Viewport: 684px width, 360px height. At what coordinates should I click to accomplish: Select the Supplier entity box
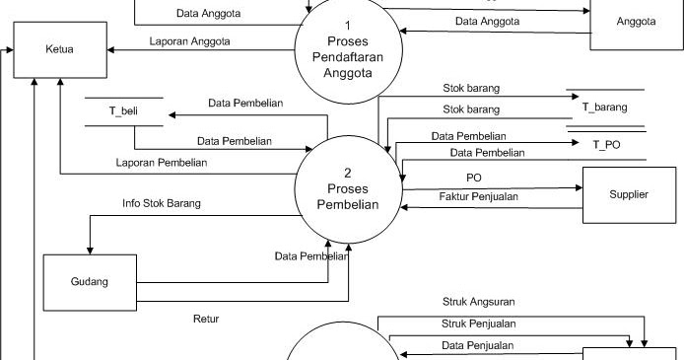pos(628,195)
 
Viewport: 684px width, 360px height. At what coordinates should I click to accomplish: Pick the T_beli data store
pos(123,111)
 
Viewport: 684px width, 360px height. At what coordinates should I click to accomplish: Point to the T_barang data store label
pos(605,107)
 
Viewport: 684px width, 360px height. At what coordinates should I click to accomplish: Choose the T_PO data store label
pos(605,144)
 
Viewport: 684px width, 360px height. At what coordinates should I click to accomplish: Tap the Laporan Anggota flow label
pos(190,41)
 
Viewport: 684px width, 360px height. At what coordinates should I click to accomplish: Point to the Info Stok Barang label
pos(162,203)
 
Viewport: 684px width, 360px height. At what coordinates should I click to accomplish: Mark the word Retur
pos(206,319)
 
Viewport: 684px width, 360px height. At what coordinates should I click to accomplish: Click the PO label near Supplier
pos(473,178)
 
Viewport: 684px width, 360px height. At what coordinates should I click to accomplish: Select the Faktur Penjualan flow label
pos(478,196)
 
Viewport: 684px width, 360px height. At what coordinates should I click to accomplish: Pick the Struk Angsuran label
pos(479,302)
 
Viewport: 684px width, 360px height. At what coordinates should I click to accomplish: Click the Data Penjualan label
pos(477,345)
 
